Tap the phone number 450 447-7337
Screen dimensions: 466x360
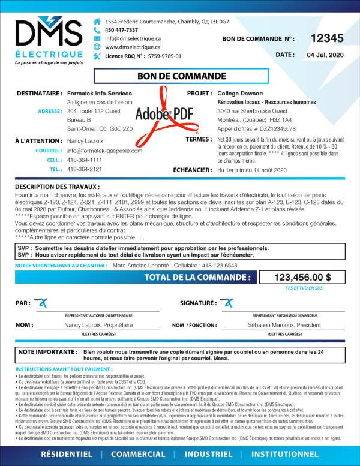(121, 30)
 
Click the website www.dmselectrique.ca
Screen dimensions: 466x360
(133, 47)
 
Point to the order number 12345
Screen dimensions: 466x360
(327, 38)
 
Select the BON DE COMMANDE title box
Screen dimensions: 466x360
(179, 76)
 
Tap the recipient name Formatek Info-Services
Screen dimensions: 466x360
(100, 94)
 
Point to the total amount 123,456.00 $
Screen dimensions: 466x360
(302, 278)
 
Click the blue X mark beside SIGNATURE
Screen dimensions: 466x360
(229, 302)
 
